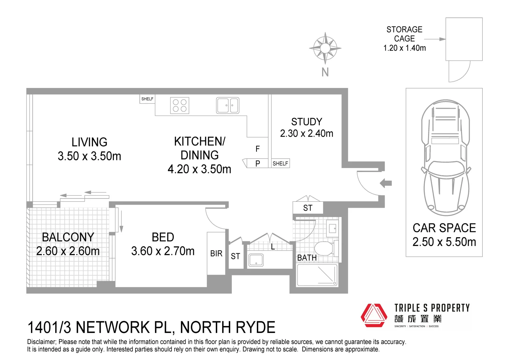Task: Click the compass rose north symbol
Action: (x=325, y=48)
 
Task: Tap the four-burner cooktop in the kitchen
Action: (x=180, y=105)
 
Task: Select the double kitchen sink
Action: (x=228, y=105)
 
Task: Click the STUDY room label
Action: (x=306, y=122)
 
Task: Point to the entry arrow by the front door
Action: (x=386, y=183)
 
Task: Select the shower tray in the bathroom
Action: (x=317, y=275)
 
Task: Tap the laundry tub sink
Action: (x=256, y=260)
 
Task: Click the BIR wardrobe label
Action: (x=216, y=254)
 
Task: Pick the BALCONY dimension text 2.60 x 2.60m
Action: (x=68, y=251)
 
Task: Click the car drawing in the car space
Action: (x=445, y=157)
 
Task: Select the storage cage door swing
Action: (x=459, y=71)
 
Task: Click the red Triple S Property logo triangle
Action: (x=373, y=315)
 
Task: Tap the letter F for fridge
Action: (x=257, y=149)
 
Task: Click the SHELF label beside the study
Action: (x=280, y=163)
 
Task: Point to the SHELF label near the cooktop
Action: (x=147, y=99)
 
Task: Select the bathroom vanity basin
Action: (x=332, y=228)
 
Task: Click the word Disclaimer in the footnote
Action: (x=42, y=342)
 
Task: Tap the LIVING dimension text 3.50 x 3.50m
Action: (x=89, y=156)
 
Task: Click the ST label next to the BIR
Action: (x=235, y=256)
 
